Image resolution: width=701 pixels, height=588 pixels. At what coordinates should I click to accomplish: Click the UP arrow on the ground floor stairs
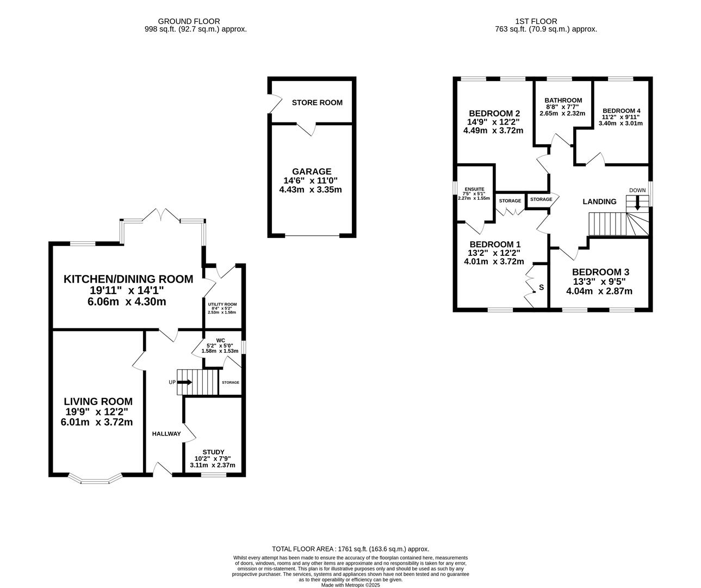tap(184, 382)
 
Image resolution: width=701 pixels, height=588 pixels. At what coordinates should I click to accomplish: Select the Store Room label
tap(317, 102)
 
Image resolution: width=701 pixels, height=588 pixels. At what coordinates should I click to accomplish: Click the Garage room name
tap(312, 171)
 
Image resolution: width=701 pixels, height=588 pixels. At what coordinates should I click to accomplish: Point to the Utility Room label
tap(222, 304)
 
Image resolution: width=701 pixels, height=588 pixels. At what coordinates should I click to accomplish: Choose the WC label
tap(221, 340)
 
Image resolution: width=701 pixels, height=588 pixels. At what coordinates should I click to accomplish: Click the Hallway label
tap(166, 434)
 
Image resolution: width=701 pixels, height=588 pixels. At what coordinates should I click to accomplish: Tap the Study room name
tap(213, 452)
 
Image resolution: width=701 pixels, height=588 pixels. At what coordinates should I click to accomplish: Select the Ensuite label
tap(474, 189)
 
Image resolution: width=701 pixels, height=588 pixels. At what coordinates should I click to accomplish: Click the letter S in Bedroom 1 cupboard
tap(541, 287)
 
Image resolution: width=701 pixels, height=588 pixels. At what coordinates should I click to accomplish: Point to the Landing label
tap(599, 201)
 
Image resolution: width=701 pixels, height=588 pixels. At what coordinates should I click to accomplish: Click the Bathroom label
tap(563, 100)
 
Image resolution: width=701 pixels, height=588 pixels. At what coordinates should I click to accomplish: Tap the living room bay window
tap(95, 479)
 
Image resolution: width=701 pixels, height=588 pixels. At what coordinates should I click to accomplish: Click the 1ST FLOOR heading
tap(536, 21)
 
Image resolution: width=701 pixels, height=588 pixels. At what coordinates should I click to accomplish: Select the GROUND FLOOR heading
tap(189, 21)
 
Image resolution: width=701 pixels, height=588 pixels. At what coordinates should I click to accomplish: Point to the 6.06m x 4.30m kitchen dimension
tap(127, 302)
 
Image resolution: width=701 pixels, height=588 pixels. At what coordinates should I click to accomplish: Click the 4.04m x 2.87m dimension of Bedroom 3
tap(599, 291)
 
